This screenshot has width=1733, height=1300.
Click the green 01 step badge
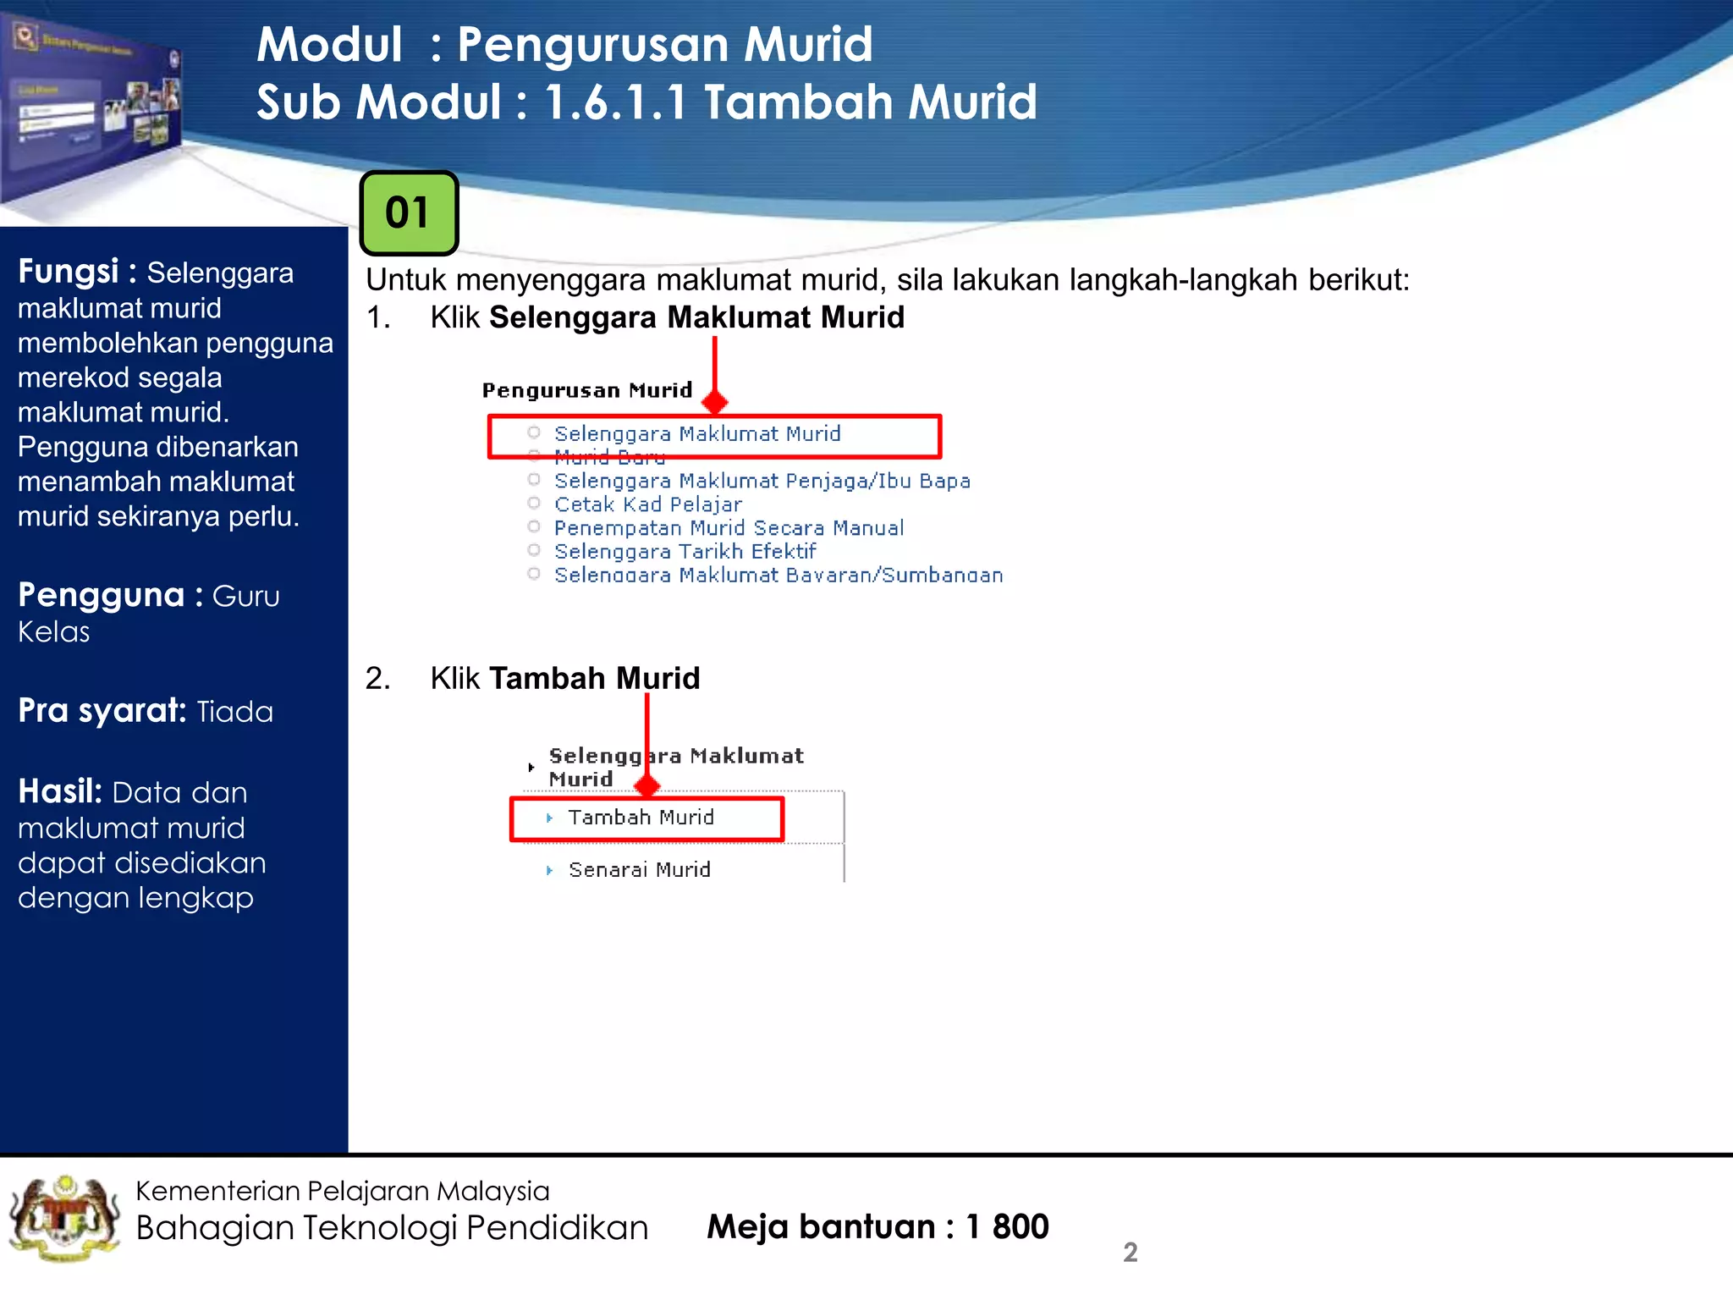coord(409,213)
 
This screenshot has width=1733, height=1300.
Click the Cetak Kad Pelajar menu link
coord(647,504)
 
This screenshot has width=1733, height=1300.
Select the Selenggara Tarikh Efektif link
coord(685,552)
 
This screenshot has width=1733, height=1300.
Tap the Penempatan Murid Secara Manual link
coord(729,528)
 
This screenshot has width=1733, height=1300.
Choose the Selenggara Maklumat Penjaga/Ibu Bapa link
coord(762,481)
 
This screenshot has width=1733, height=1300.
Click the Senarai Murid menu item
coord(639,870)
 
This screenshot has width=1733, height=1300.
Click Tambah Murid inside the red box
coord(641,818)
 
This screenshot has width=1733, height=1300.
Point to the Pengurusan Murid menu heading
coord(587,390)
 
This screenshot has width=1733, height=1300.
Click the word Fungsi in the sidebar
coord(68,272)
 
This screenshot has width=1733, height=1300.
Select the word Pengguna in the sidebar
coord(101,595)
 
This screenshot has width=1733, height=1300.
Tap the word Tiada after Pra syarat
coord(234,712)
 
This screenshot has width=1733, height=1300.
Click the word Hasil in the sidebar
coord(59,792)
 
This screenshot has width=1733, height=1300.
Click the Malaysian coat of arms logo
coord(64,1219)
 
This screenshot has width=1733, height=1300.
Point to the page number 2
coord(1130,1253)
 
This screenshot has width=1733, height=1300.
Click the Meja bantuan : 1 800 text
coord(878,1226)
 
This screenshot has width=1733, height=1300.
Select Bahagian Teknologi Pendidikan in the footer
coord(392,1228)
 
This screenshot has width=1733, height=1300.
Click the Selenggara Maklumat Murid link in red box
coord(697,434)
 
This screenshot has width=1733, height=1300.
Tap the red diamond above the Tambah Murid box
coord(647,786)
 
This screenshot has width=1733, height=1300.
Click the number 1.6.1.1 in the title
coord(615,102)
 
